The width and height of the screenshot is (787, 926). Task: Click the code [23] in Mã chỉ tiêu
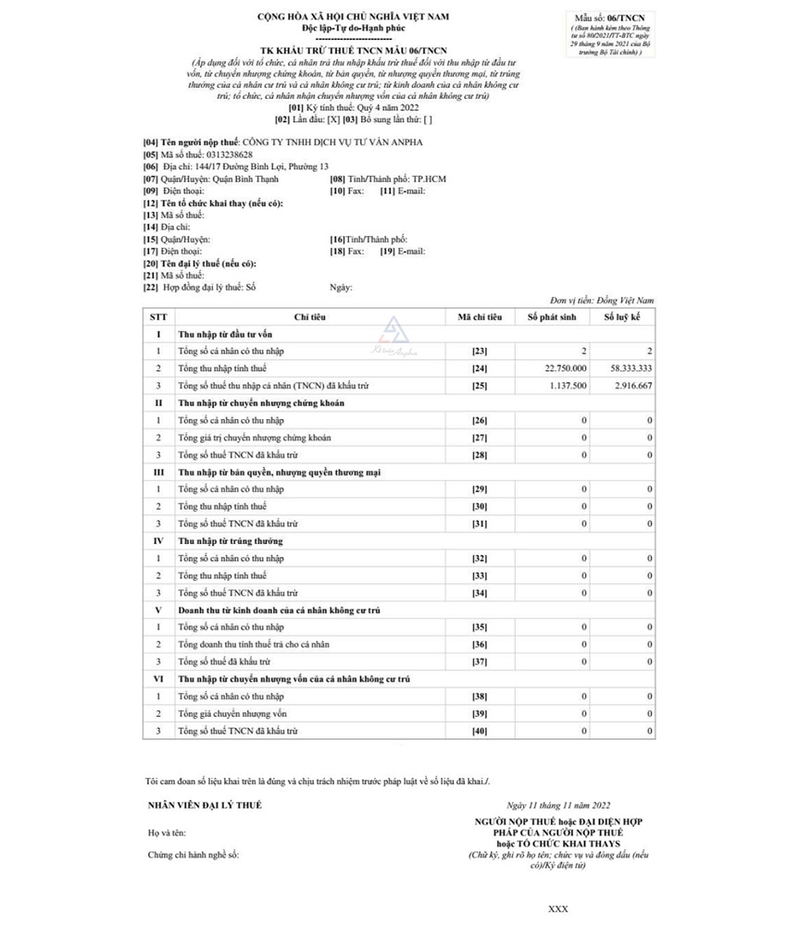(480, 352)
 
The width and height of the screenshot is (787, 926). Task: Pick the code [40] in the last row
(480, 731)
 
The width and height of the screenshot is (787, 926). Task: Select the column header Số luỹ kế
(623, 317)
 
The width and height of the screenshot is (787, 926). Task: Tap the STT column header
(158, 317)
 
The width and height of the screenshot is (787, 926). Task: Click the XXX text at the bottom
(558, 909)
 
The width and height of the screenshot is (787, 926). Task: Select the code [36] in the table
(480, 645)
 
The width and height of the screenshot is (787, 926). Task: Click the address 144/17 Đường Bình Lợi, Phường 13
(256, 167)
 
